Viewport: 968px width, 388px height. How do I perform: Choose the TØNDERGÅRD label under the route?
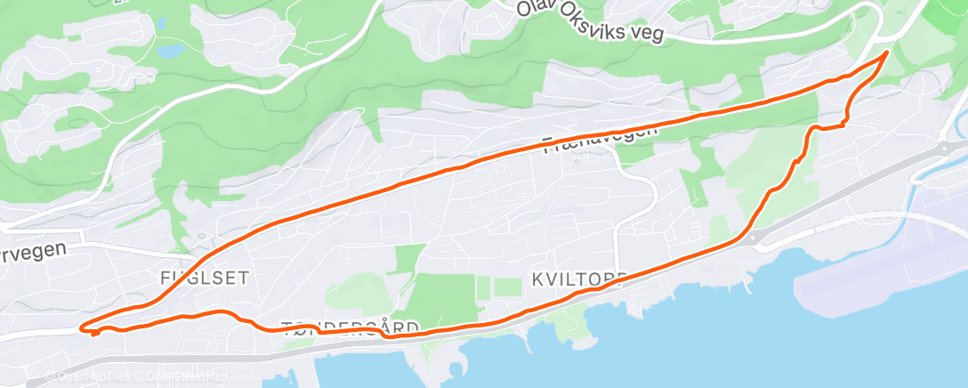(348, 327)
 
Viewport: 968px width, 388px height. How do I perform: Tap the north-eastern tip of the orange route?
(886, 53)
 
